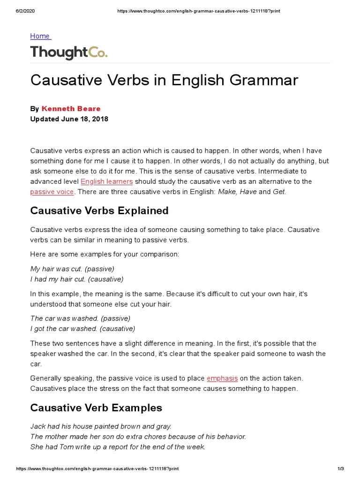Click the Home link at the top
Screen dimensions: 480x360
tap(40, 36)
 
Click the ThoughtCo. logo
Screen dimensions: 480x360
tap(69, 52)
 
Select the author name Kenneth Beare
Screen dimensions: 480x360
tap(71, 109)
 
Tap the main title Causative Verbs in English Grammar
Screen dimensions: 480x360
tap(164, 80)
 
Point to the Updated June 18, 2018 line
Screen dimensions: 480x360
tap(69, 119)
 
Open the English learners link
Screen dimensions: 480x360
tap(106, 181)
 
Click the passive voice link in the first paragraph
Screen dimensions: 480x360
tap(52, 192)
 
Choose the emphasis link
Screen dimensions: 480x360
tap(222, 378)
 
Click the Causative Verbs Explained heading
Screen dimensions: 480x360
tap(99, 211)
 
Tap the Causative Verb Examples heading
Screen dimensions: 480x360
tap(96, 408)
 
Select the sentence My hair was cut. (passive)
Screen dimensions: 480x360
tap(72, 269)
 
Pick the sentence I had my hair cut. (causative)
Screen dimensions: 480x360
tap(77, 279)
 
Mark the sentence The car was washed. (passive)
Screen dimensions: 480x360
tap(80, 318)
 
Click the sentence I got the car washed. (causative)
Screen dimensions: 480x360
tap(82, 329)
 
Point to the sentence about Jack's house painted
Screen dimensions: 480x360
tap(101, 427)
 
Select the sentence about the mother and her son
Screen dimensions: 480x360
tap(138, 436)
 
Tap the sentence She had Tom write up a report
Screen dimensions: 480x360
tap(118, 447)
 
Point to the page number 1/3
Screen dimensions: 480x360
tap(341, 469)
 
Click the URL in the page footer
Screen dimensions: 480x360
tap(97, 469)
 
